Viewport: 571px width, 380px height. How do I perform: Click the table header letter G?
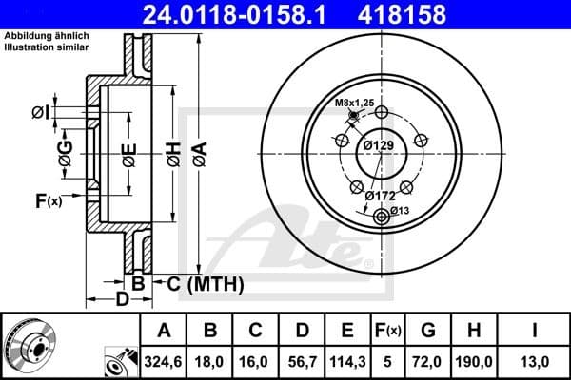click(428, 331)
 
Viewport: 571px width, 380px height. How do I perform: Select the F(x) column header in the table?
click(388, 331)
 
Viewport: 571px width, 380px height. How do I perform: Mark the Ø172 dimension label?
click(381, 196)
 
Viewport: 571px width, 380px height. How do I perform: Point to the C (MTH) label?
click(206, 283)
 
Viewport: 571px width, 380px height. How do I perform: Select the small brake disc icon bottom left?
click(29, 345)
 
